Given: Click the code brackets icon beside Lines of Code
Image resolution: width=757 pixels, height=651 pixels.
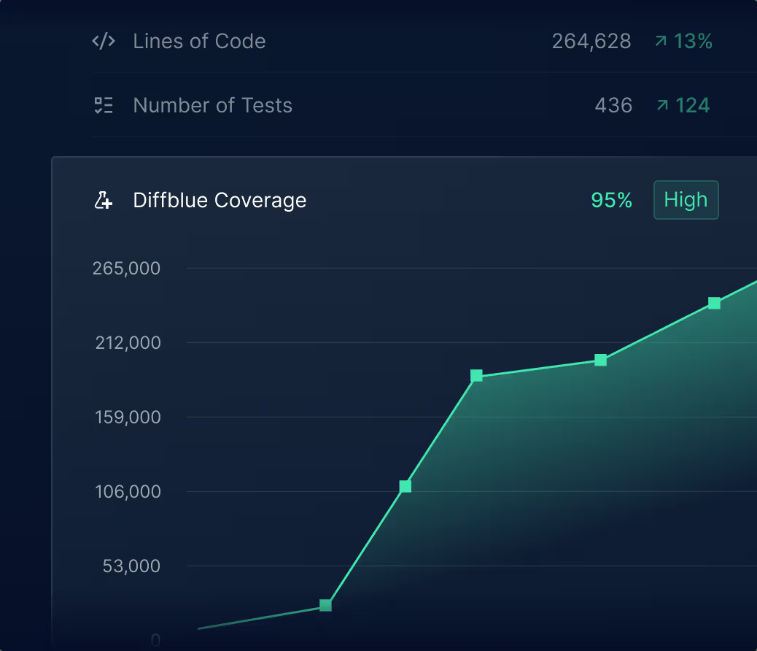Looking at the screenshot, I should click(x=104, y=41).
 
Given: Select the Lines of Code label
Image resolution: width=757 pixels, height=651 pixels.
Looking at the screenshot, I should click(x=199, y=41).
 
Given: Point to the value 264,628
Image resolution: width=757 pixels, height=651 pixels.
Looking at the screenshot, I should click(x=591, y=42).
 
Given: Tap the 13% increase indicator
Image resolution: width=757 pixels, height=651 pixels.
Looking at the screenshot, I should click(x=683, y=42).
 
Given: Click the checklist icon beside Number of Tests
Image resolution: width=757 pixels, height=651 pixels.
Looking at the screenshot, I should click(x=104, y=105).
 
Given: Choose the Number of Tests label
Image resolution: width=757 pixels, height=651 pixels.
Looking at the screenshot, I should click(x=212, y=105).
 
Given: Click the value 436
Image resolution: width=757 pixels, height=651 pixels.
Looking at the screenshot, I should click(x=613, y=106).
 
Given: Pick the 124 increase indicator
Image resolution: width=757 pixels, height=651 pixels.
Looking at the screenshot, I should click(x=683, y=106).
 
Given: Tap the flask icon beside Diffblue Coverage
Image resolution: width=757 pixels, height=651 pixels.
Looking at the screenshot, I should click(x=104, y=200).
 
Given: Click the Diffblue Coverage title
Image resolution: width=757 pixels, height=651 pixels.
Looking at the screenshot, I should click(x=220, y=200).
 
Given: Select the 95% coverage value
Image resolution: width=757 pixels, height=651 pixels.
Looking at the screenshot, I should click(x=611, y=200).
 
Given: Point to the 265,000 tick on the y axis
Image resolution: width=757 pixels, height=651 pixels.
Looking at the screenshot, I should click(x=126, y=269).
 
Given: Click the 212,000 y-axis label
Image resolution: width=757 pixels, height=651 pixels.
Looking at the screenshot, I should click(x=128, y=343).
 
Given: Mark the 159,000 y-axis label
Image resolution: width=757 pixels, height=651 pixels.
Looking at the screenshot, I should click(x=128, y=417).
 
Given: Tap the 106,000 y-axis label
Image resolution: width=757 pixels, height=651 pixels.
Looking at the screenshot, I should click(x=128, y=492).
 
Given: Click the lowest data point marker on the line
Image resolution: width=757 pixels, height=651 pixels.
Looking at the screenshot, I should click(x=325, y=605).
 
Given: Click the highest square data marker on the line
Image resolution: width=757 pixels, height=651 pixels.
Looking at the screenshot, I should click(x=714, y=303).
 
